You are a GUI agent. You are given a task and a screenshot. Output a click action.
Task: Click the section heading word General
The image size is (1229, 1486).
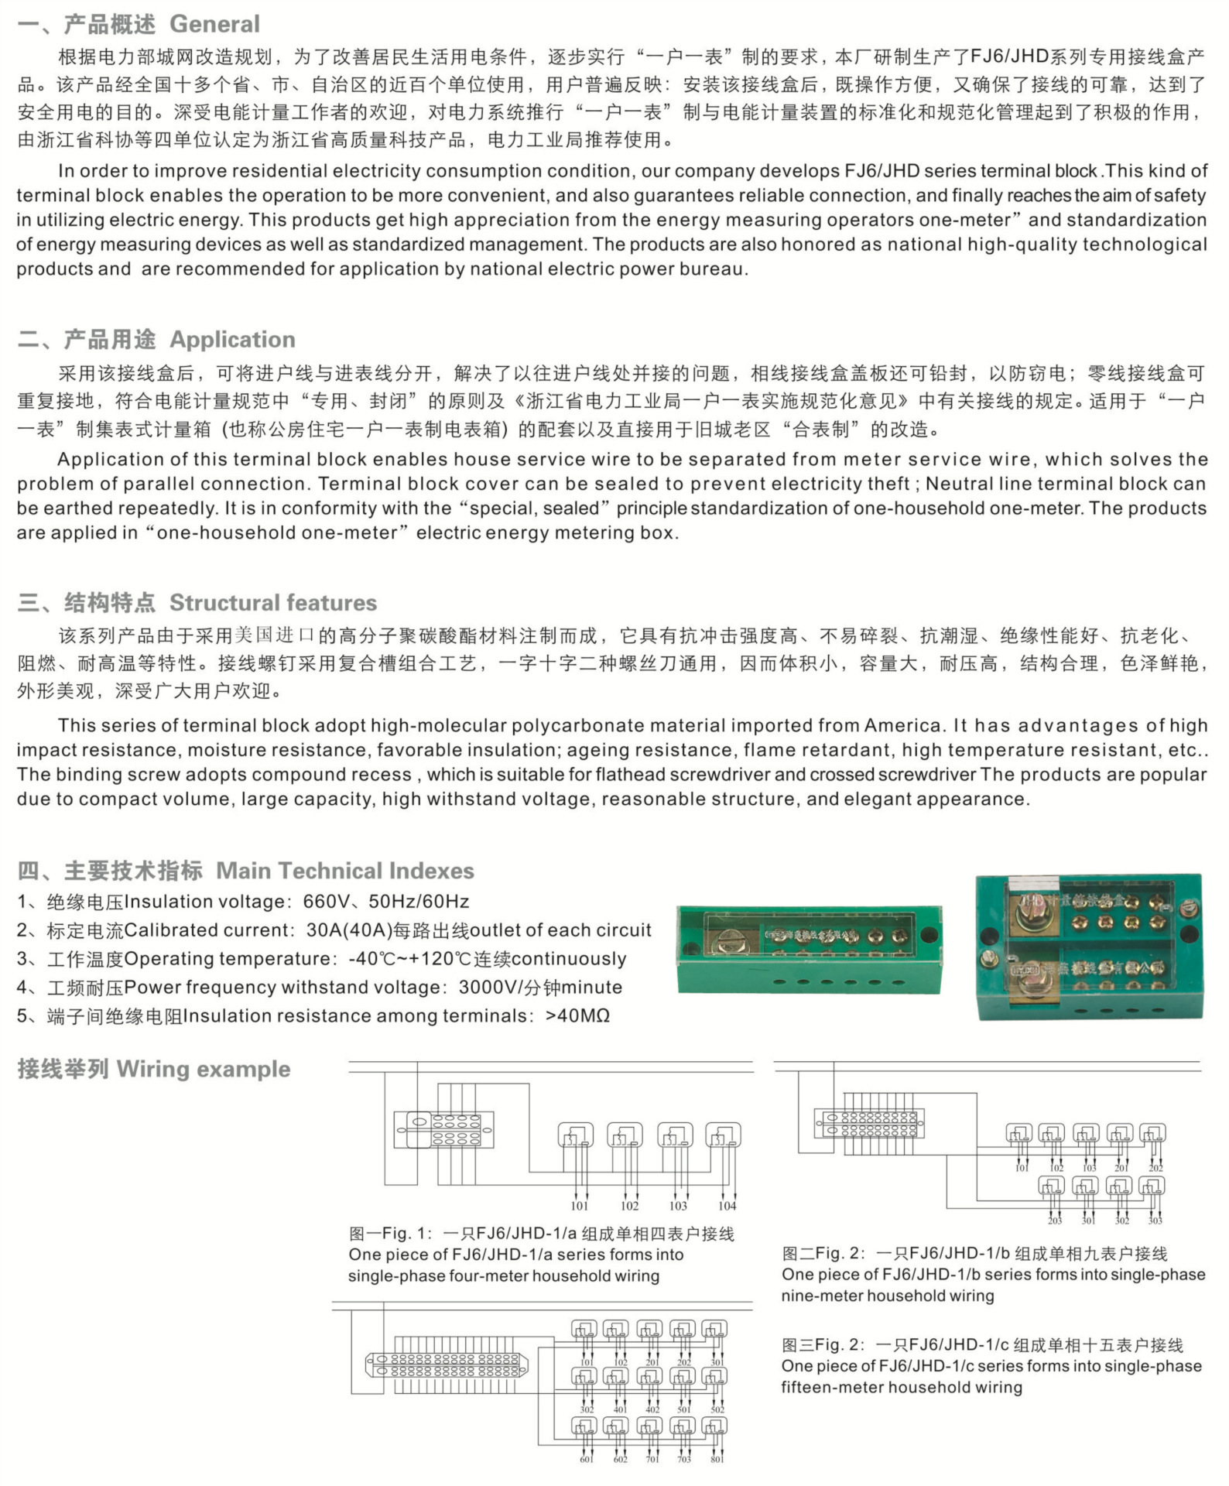tap(214, 24)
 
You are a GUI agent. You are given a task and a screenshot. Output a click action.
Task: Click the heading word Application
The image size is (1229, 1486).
tap(232, 339)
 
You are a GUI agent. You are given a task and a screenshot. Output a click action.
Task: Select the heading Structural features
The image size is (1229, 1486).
tap(272, 602)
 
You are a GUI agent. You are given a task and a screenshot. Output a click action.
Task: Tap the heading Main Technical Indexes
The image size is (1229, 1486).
tap(344, 870)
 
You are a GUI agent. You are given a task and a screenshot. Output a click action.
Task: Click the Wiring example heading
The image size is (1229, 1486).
tap(203, 1069)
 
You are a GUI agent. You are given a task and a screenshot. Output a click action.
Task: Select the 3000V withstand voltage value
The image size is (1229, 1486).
tap(486, 988)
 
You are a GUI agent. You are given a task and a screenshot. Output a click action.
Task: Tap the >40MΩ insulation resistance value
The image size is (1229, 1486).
tap(577, 1016)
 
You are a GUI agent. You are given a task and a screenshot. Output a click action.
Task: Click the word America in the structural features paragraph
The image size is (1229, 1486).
tap(902, 726)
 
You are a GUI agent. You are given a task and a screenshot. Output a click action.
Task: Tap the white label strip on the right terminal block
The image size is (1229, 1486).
tap(1031, 885)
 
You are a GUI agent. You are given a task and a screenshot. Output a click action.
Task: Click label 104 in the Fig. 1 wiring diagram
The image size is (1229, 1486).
tap(727, 1206)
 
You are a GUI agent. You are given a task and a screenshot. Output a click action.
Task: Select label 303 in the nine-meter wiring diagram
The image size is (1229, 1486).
tap(1155, 1221)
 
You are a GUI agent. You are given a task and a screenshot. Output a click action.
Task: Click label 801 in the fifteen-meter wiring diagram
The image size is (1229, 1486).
tap(717, 1460)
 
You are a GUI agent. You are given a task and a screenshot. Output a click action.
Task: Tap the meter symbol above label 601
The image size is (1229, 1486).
tap(584, 1426)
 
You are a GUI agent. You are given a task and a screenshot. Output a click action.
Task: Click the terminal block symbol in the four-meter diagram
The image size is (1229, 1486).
tap(444, 1130)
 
